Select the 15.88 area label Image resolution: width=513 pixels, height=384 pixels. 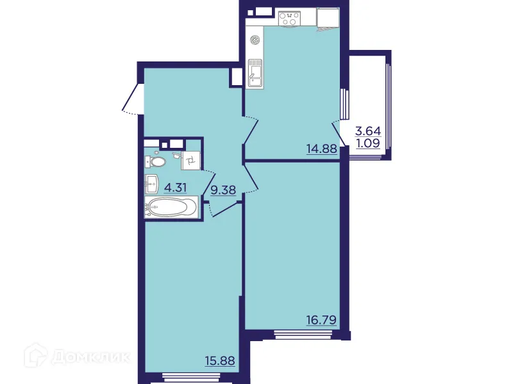point(219,360)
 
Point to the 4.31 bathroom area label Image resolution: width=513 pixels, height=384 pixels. point(176,188)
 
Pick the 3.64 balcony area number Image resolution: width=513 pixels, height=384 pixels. point(367,132)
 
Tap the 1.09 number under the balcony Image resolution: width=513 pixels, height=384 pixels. point(367,143)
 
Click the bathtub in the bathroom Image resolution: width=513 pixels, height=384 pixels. point(171,207)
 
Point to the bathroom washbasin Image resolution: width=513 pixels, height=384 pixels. point(153,184)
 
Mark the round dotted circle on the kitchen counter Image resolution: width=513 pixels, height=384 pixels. point(255,40)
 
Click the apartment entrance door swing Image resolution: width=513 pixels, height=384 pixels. point(132,99)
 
